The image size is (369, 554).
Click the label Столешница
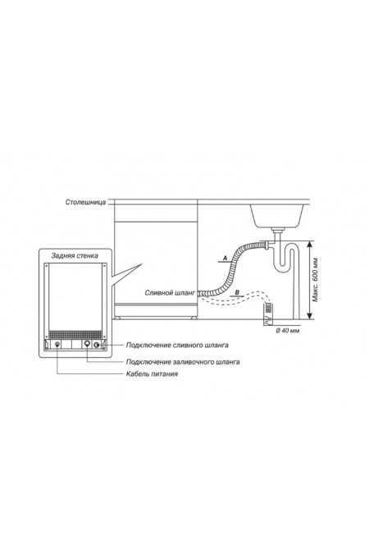point(85,203)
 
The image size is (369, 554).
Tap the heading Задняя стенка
point(75,255)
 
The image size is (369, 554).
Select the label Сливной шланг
point(170,293)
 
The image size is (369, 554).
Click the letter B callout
point(237,292)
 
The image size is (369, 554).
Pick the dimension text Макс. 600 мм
point(316,280)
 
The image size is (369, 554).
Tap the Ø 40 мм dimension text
point(288,331)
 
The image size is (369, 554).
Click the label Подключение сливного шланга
point(177,346)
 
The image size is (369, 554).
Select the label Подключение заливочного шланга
point(183,362)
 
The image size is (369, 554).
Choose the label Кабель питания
point(152,373)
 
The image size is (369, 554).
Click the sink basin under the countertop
point(277,215)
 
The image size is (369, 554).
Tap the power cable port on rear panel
point(57,344)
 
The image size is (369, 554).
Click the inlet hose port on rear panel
point(87,344)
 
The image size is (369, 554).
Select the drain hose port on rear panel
point(96,345)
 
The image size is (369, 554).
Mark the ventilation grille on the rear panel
point(75,335)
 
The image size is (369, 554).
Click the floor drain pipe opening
point(267,308)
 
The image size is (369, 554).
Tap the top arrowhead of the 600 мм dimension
point(310,243)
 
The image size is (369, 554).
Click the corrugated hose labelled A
point(232,267)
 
